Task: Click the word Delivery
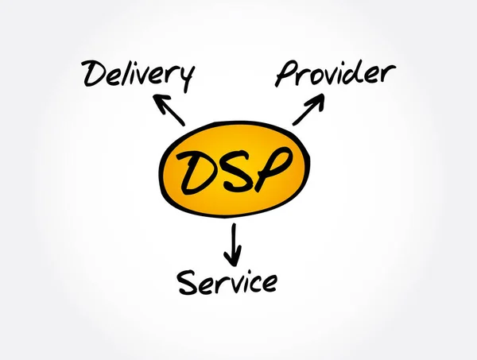point(138,75)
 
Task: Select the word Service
point(227,281)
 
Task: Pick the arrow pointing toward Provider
point(309,109)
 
